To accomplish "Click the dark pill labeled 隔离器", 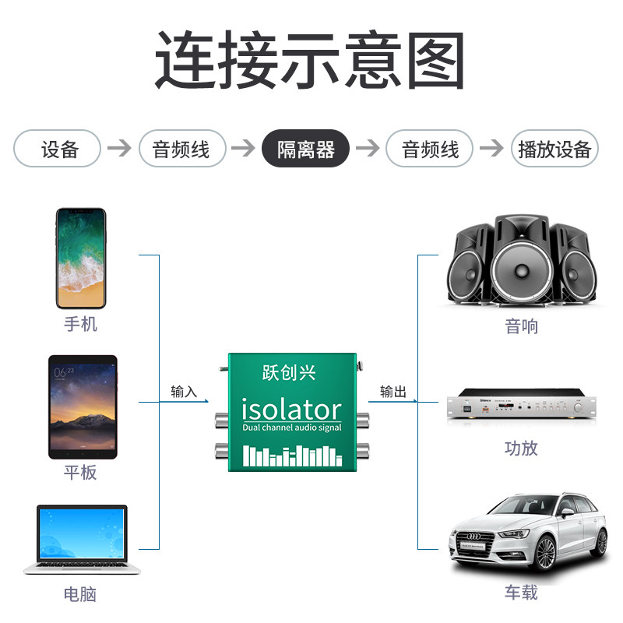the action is pos(305,149).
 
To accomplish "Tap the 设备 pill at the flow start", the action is pos(58,149).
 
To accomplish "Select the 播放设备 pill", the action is pos(554,149).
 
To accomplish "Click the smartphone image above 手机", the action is pos(80,258).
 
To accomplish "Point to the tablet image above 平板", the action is pos(82,407).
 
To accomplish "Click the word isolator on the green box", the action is pos(291,409).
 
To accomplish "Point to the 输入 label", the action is pos(184,392).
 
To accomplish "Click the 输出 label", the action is pos(393,392).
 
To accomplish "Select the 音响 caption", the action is pos(521,326).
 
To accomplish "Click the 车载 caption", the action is pos(521,593).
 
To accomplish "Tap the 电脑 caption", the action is pos(80,594).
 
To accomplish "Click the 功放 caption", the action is pos(521,448).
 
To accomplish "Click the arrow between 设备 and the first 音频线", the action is pos(119,149).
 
